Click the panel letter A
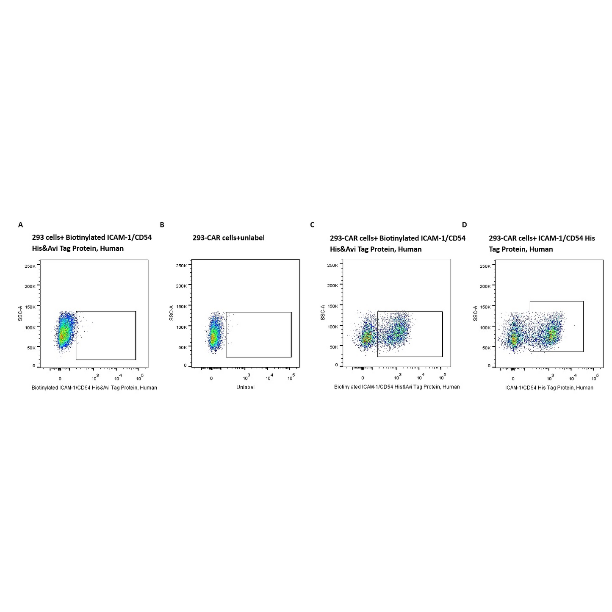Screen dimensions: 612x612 [20, 225]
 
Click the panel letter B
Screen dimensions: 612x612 [162, 225]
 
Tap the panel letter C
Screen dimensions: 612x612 [312, 225]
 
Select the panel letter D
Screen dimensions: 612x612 [464, 225]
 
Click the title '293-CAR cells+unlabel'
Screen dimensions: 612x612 [228, 238]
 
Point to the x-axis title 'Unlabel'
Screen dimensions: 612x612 [245, 388]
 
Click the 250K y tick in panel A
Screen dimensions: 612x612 [30, 266]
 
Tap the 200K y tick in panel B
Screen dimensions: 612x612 [181, 286]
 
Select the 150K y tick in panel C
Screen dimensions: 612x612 [332, 306]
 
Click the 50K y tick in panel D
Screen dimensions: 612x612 [485, 348]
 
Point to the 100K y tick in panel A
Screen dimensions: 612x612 [30, 327]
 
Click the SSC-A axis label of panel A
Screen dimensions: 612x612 [20, 313]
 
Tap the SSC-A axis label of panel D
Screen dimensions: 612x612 [476, 313]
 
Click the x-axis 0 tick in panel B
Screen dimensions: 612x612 [211, 378]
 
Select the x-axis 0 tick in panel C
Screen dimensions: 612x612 [363, 378]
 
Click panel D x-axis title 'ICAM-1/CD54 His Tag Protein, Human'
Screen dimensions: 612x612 [549, 388]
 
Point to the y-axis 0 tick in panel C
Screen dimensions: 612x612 [336, 365]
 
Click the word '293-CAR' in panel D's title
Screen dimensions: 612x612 [503, 238]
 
